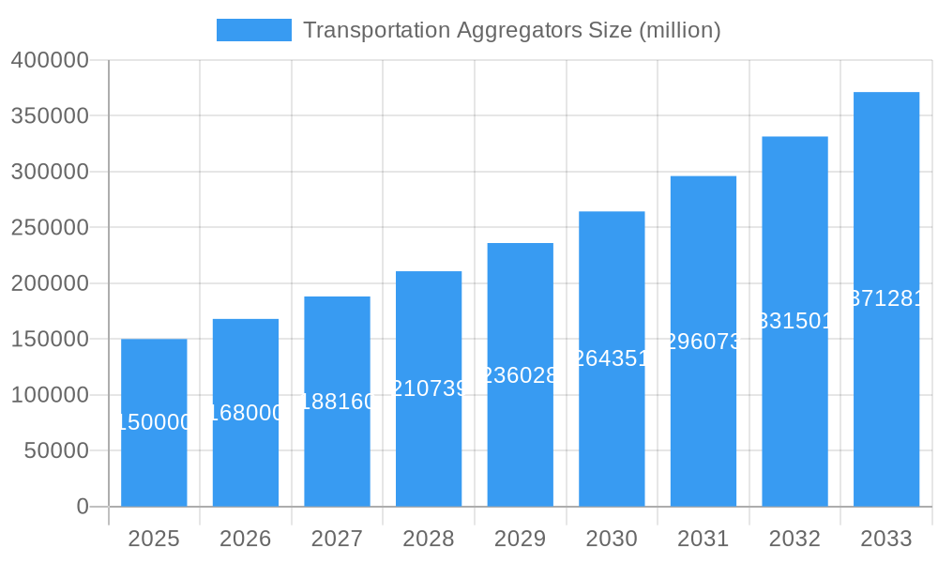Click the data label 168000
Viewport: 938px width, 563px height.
pyautogui.click(x=246, y=413)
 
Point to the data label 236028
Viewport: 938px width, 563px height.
pyautogui.click(x=520, y=375)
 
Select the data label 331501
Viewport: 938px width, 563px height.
pyautogui.click(x=794, y=321)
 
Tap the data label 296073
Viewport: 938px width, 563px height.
pyautogui.click(x=703, y=342)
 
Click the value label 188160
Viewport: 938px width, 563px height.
pyautogui.click(x=337, y=402)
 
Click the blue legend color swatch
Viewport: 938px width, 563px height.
pyautogui.click(x=253, y=30)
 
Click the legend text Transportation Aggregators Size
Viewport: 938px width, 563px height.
pyautogui.click(x=511, y=30)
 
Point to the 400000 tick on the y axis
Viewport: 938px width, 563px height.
pyautogui.click(x=50, y=61)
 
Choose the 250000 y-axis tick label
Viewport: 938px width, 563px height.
pyautogui.click(x=50, y=228)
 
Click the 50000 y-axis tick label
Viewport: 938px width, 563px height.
pyautogui.click(x=55, y=451)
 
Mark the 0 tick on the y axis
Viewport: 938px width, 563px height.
pyautogui.click(x=83, y=507)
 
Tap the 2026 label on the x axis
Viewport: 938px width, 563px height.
pyautogui.click(x=246, y=539)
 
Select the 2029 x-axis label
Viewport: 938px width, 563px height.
pyautogui.click(x=520, y=539)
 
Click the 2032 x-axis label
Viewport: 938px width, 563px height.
pyautogui.click(x=794, y=539)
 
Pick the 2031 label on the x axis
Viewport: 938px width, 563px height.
pyautogui.click(x=703, y=539)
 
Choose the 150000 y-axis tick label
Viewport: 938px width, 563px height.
pyautogui.click(x=50, y=340)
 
